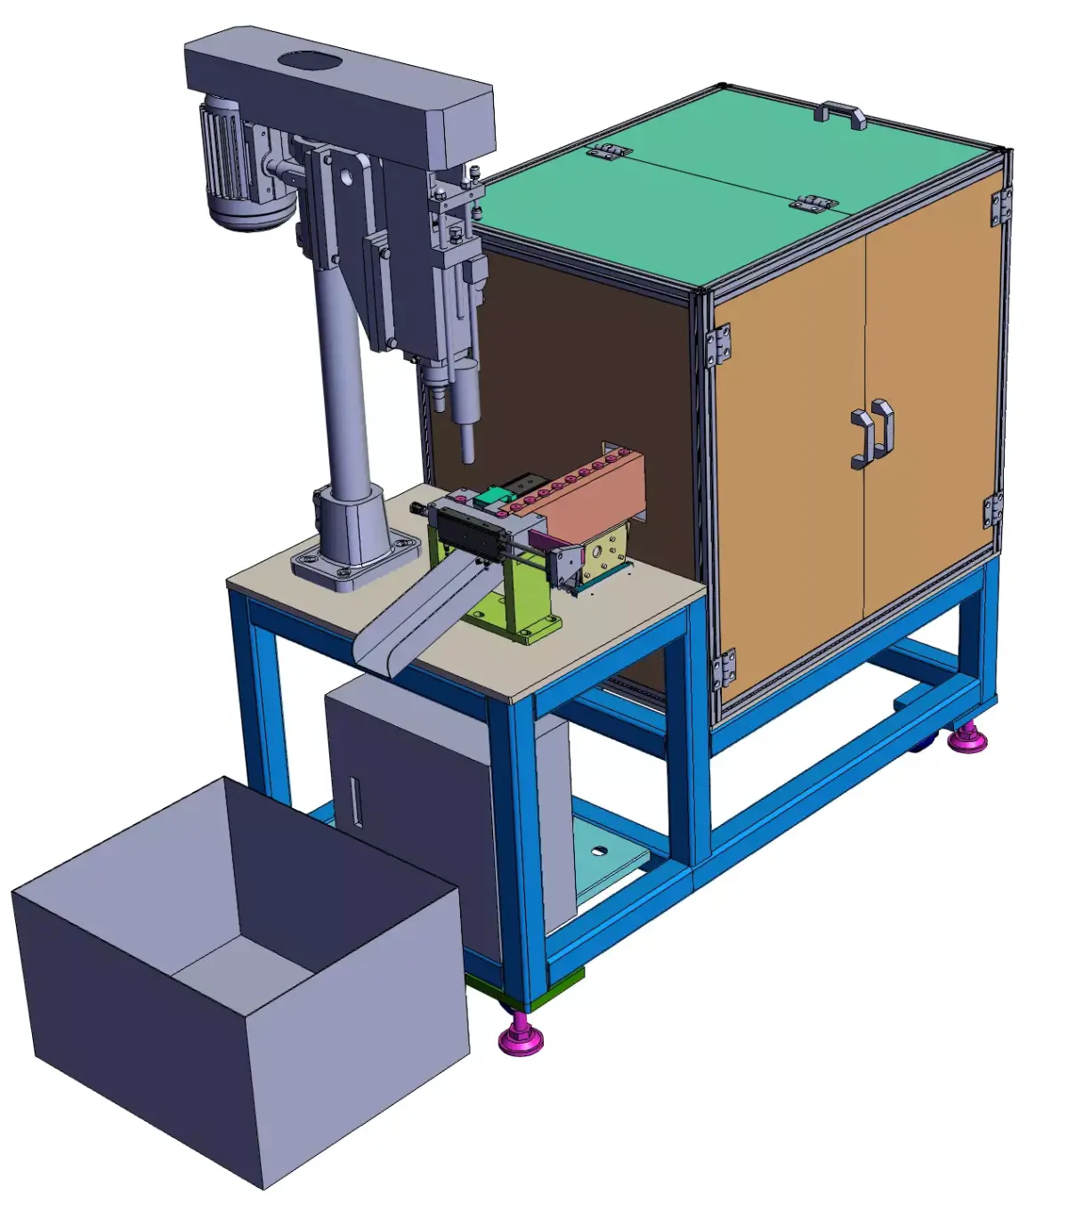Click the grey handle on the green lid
[x=841, y=114]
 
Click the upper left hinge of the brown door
[x=719, y=345]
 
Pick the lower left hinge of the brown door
[x=723, y=669]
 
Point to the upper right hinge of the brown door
[x=1001, y=207]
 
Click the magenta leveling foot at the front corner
[x=521, y=1037]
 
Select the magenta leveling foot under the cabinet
[x=967, y=737]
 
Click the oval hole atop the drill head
[x=309, y=62]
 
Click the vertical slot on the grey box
[x=356, y=801]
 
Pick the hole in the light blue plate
[x=599, y=851]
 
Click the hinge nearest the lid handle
[x=814, y=204]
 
